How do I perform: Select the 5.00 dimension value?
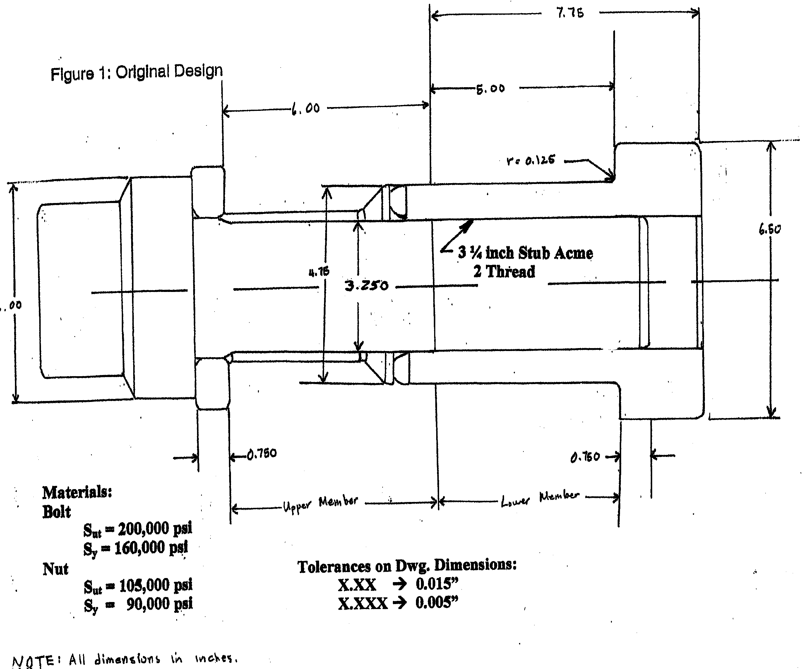click(490, 89)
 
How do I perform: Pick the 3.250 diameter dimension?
click(366, 286)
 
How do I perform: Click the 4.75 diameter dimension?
click(319, 272)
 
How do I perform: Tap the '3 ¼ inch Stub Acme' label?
click(525, 253)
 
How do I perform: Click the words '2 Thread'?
click(504, 272)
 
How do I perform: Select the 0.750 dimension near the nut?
click(261, 454)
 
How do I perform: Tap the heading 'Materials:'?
click(77, 492)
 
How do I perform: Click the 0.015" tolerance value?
click(437, 584)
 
